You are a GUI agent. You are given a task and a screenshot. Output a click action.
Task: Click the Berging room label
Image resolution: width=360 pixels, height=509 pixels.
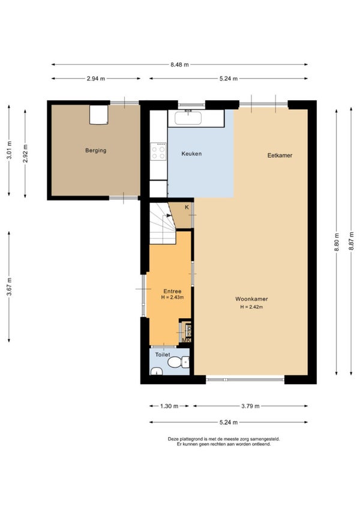[x=96, y=151]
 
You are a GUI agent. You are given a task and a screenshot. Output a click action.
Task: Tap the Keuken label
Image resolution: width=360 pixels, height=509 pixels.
[x=191, y=154]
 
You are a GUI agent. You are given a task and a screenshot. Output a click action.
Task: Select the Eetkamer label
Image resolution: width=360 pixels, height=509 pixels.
[x=280, y=155]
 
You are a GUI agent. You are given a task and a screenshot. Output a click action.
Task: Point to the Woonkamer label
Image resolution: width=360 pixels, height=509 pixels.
[x=251, y=299]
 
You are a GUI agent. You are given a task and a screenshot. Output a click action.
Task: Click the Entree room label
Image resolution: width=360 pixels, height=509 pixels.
[x=172, y=291]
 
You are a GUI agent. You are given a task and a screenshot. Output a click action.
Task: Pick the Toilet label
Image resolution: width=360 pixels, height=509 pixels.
[x=163, y=355]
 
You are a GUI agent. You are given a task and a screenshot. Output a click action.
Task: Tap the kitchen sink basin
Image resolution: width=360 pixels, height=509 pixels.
[x=188, y=118]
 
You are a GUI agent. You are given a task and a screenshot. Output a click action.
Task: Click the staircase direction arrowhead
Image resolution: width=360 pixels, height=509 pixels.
[x=169, y=215]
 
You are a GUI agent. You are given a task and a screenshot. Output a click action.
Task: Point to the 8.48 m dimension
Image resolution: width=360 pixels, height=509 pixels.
[x=179, y=65]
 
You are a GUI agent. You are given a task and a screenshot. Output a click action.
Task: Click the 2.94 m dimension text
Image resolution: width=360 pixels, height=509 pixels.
[x=96, y=79]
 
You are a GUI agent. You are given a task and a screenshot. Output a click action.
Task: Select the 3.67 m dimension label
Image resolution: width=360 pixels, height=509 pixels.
[x=9, y=287]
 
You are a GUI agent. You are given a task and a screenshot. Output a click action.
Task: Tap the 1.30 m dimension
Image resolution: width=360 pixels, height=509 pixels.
[x=169, y=406]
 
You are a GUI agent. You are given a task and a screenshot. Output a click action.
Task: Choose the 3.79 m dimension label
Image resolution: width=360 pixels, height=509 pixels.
[x=250, y=406]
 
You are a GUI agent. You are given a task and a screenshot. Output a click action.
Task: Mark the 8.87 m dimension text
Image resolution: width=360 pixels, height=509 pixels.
[x=351, y=241]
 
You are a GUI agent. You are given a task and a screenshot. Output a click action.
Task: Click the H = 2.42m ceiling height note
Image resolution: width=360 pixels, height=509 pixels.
[x=251, y=307]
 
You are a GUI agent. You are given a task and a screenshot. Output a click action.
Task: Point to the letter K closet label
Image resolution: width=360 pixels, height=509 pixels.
[x=187, y=207]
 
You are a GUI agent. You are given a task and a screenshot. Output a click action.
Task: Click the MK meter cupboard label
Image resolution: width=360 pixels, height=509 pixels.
[x=187, y=340]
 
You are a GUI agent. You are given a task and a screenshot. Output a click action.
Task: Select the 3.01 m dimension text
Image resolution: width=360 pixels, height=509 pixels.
[x=9, y=150]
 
